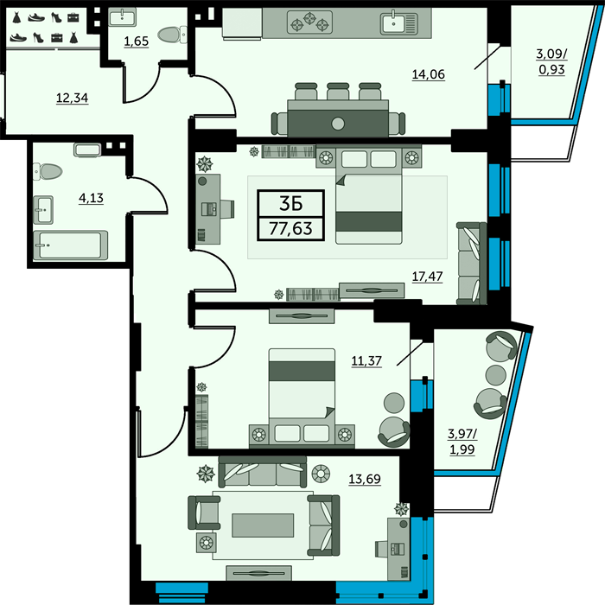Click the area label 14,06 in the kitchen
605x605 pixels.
429,73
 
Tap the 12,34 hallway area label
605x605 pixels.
72,98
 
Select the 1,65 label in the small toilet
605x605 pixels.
137,41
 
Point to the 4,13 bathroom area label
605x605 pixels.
91,198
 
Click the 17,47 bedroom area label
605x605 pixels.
428,277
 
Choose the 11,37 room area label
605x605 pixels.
366,360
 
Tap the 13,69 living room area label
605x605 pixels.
365,479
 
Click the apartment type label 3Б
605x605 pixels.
291,204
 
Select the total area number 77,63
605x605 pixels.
291,228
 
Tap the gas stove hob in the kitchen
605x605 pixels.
309,22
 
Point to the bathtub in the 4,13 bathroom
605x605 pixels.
71,245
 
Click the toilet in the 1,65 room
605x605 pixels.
173,35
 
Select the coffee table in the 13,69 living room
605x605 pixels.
263,525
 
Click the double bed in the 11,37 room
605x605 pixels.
302,398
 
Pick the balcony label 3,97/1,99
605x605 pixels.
462,442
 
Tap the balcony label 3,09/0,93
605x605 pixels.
551,61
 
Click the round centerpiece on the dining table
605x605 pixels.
338,124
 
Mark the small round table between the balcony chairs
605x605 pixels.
496,374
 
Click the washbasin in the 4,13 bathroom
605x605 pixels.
43,210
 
